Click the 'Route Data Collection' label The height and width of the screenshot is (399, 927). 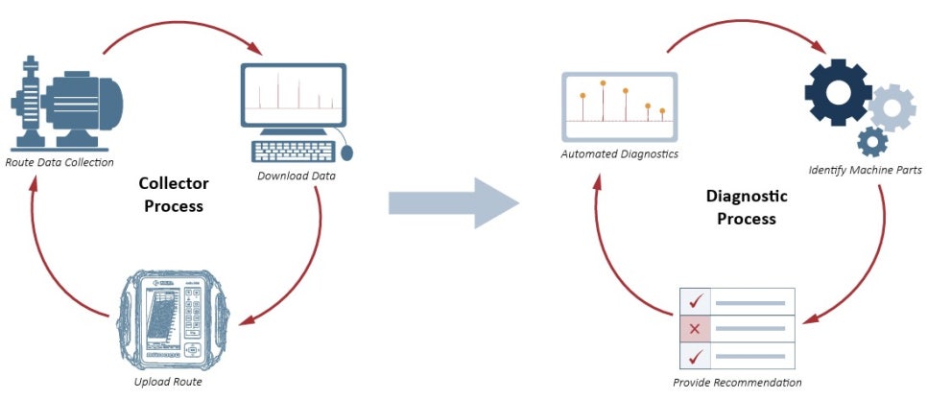(x=59, y=161)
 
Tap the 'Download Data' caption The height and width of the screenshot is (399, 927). (x=296, y=176)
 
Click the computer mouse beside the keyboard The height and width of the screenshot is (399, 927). (x=346, y=152)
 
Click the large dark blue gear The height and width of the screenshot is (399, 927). (x=838, y=90)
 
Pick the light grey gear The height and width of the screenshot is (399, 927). (x=891, y=106)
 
